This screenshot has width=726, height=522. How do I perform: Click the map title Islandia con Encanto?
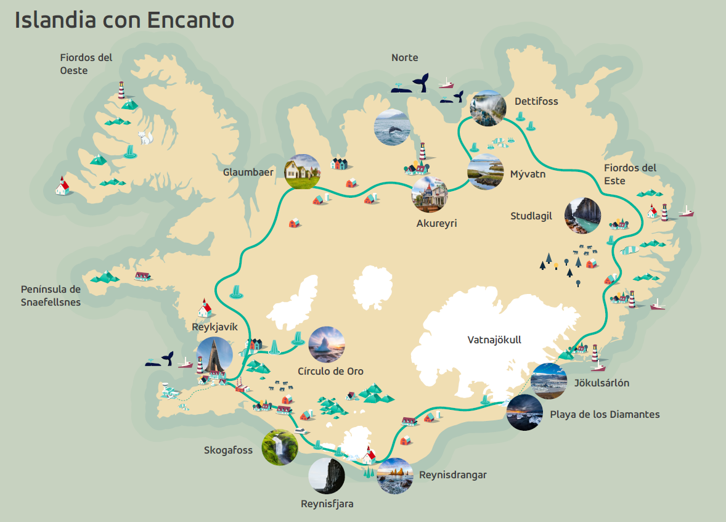click(x=124, y=20)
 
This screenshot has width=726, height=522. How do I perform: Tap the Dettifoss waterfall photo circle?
click(x=487, y=108)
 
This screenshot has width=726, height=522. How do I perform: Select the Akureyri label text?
click(x=436, y=223)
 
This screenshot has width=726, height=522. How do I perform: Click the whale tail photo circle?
click(x=393, y=127)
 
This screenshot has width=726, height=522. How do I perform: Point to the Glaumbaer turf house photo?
click(x=303, y=171)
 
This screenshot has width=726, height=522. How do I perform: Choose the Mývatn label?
click(x=528, y=174)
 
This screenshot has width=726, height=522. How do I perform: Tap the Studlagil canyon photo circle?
click(x=582, y=216)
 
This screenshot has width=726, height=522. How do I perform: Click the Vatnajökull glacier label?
click(x=494, y=340)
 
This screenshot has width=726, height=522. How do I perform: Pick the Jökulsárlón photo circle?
click(x=549, y=381)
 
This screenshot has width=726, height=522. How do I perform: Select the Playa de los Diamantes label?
click(x=605, y=414)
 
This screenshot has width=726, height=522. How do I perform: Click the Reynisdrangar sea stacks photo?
click(x=394, y=476)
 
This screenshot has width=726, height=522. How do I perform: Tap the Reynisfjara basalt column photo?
click(x=327, y=476)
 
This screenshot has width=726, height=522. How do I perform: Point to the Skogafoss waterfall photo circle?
click(x=280, y=447)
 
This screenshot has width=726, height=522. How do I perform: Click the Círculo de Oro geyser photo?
click(x=326, y=345)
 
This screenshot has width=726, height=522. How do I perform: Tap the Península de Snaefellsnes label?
click(x=51, y=295)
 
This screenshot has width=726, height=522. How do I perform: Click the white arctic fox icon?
click(x=145, y=137)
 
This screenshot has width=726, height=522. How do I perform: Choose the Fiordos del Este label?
click(x=630, y=174)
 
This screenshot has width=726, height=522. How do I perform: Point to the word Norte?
click(x=404, y=57)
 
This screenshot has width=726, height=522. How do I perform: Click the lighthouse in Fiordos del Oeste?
click(x=121, y=90)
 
